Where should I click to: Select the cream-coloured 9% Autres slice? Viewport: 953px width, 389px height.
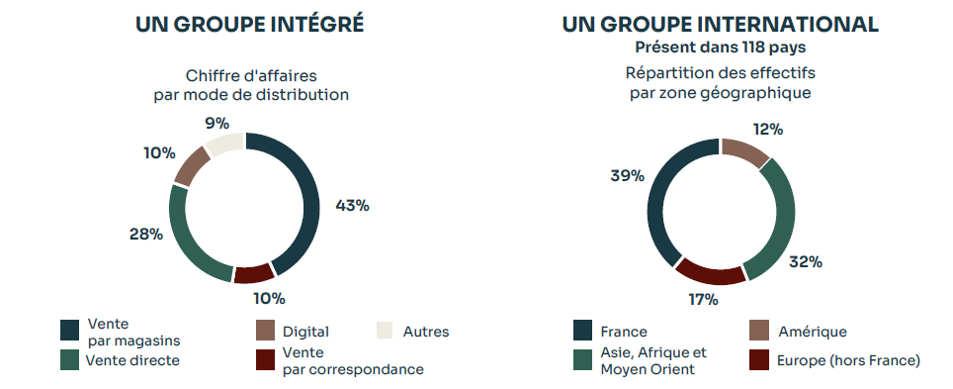pyautogui.click(x=225, y=144)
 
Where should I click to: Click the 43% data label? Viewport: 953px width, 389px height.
pyautogui.click(x=353, y=206)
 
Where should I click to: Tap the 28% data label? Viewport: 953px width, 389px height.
pyautogui.click(x=145, y=235)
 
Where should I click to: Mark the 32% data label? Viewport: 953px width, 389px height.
pyautogui.click(x=806, y=262)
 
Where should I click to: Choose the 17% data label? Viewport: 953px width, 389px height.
pyautogui.click(x=703, y=300)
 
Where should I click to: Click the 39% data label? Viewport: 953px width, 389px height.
pyautogui.click(x=628, y=175)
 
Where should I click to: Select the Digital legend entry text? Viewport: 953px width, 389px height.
pyautogui.click(x=305, y=332)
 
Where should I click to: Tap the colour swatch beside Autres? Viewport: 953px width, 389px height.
pyautogui.click(x=387, y=332)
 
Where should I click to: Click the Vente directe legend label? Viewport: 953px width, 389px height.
pyautogui.click(x=133, y=360)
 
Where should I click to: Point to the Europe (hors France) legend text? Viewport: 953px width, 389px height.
pyautogui.click(x=849, y=359)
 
